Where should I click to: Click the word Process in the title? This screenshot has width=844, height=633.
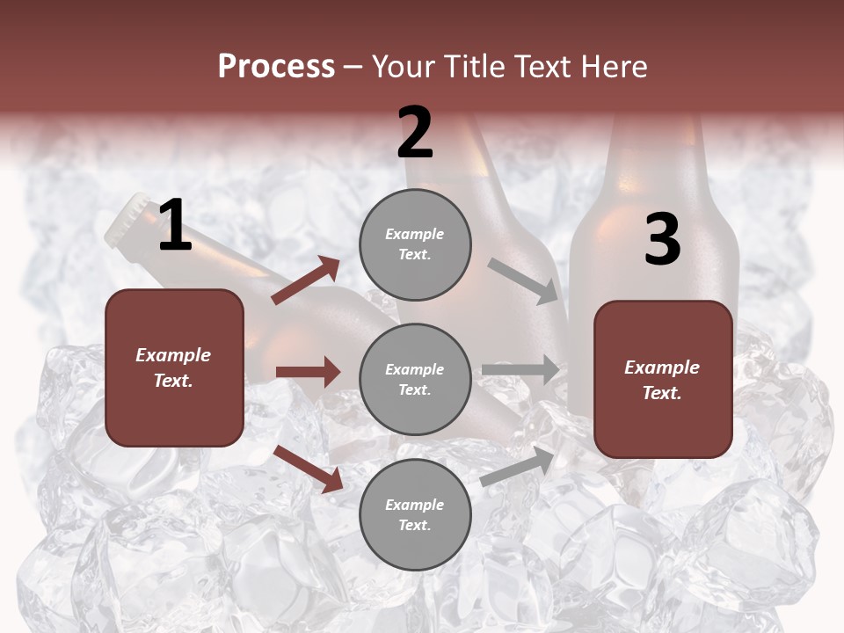pyautogui.click(x=276, y=67)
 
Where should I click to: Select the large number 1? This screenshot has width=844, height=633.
pyautogui.click(x=175, y=226)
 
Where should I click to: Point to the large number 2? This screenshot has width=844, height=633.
pyautogui.click(x=415, y=133)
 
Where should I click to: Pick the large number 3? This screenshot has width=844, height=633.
pyautogui.click(x=662, y=240)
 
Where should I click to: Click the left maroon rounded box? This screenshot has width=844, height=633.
pyautogui.click(x=174, y=367)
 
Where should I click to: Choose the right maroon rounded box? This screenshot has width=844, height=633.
pyautogui.click(x=663, y=379)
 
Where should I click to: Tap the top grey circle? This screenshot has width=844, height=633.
pyautogui.click(x=415, y=244)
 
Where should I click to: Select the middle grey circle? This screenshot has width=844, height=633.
pyautogui.click(x=415, y=379)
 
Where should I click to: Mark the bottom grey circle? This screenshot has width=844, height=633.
pyautogui.click(x=415, y=514)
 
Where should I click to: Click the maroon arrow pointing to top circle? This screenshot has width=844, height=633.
pyautogui.click(x=306, y=280)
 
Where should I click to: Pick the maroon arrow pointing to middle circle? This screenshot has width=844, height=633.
pyautogui.click(x=308, y=372)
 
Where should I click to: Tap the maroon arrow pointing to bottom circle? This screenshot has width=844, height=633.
pyautogui.click(x=308, y=468)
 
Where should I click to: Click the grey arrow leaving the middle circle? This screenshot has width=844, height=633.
pyautogui.click(x=520, y=369)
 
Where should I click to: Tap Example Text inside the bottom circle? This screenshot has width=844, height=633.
pyautogui.click(x=415, y=515)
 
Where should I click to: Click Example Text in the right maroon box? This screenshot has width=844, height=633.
pyautogui.click(x=662, y=380)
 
